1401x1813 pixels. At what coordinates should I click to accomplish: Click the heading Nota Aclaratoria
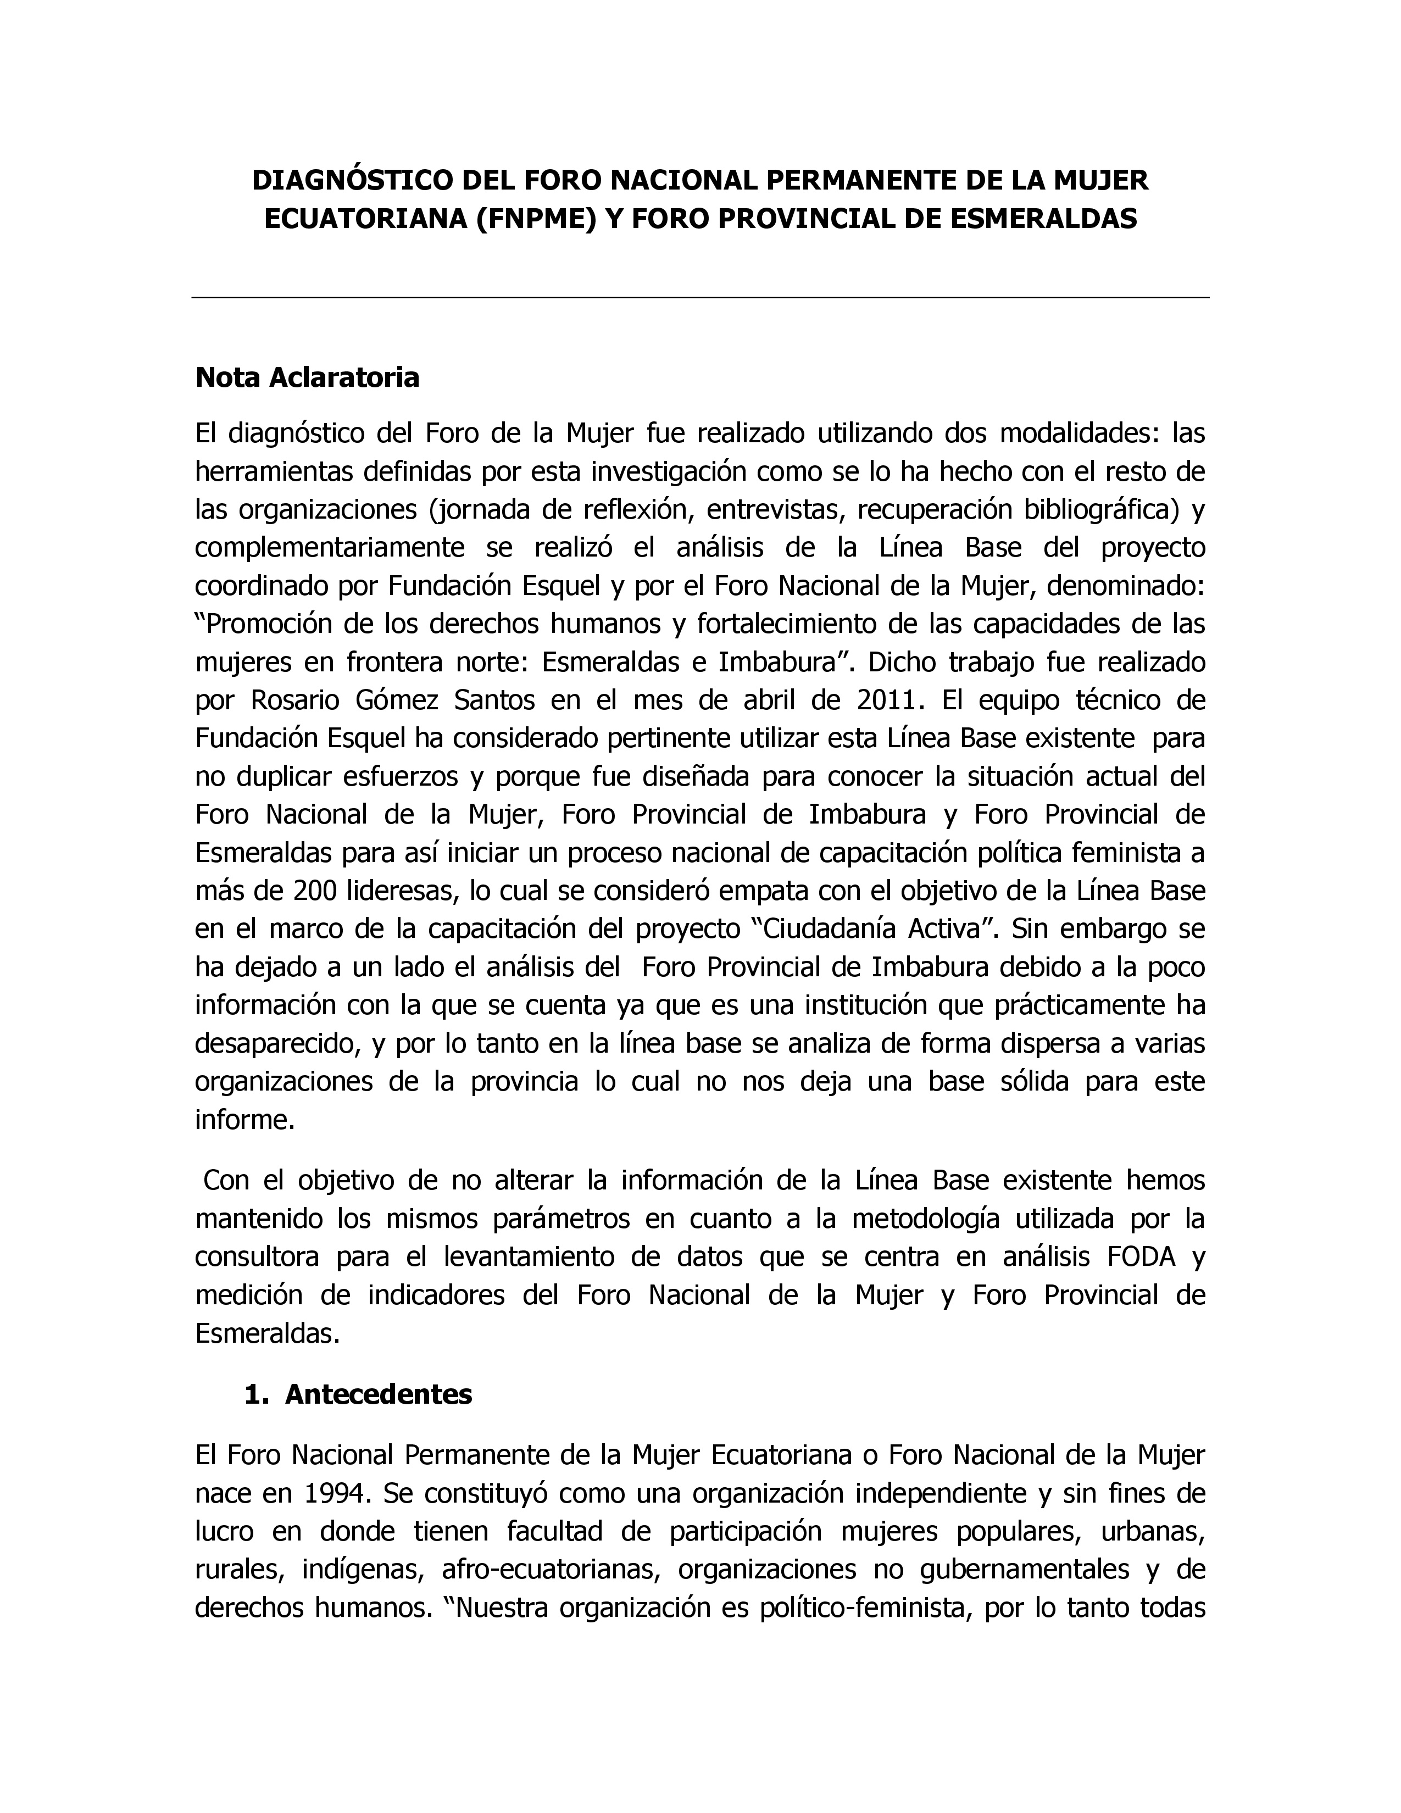(x=307, y=378)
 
